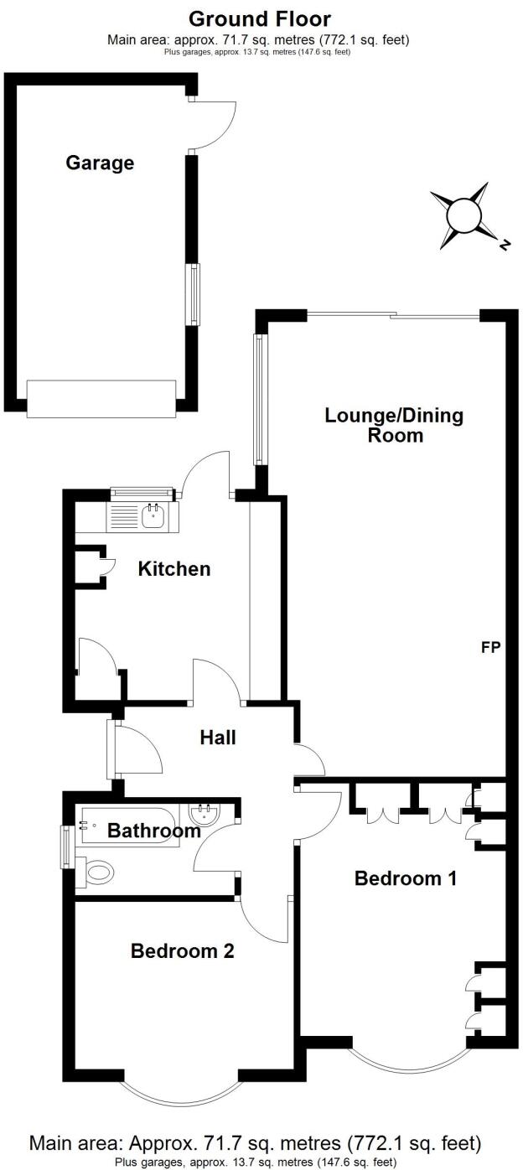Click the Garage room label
click(100, 163)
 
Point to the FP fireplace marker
click(491, 647)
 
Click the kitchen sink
click(153, 517)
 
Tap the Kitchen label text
click(174, 569)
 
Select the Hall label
click(217, 738)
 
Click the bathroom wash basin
click(204, 814)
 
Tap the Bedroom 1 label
click(406, 878)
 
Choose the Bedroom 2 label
click(182, 951)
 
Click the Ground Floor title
click(259, 18)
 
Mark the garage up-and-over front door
click(101, 398)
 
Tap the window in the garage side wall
click(195, 294)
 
